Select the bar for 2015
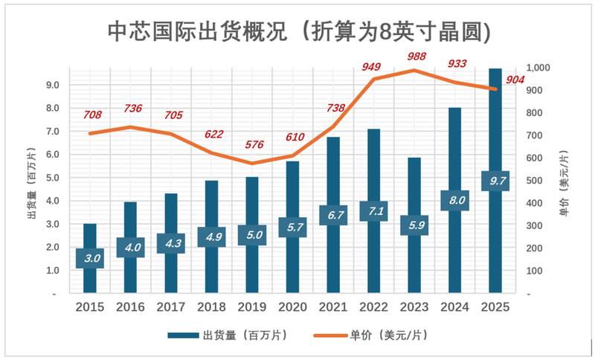coord(89,238)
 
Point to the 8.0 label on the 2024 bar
coord(454,199)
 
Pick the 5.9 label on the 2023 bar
coord(414,224)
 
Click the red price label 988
coord(416,57)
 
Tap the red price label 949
coord(371,67)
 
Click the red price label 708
coord(93,115)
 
